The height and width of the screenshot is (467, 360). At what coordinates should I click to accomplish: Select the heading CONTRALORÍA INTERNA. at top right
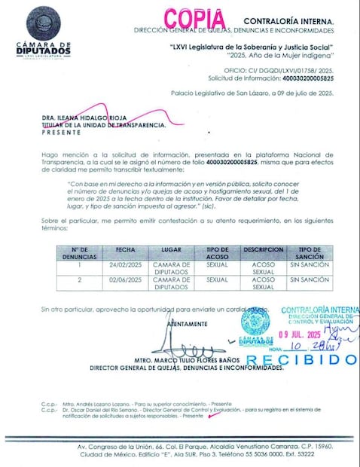288,20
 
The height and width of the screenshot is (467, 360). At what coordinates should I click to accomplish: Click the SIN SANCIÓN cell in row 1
310,265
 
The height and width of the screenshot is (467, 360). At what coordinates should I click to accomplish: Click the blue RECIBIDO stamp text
301,359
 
